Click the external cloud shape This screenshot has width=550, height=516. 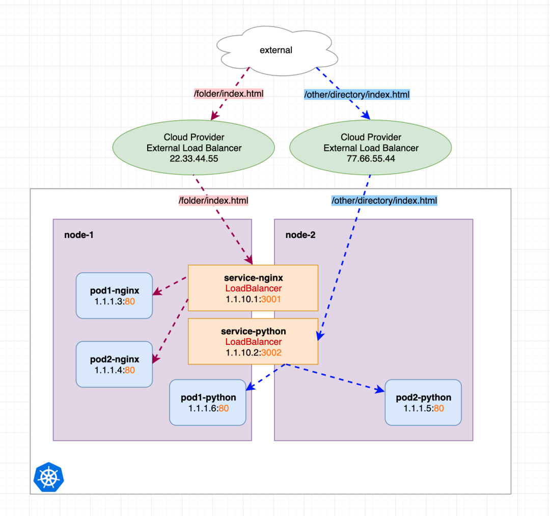[x=276, y=49]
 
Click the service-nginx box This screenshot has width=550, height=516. [x=253, y=288]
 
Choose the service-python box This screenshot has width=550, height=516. [x=253, y=341]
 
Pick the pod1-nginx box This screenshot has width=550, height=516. [x=114, y=295]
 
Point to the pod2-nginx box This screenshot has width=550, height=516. [x=114, y=364]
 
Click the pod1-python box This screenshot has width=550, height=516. [x=208, y=402]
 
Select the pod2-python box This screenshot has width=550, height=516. [x=423, y=402]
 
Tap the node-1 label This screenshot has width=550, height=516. [x=78, y=235]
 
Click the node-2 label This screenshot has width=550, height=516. [x=300, y=235]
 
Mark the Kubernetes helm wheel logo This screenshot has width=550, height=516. [x=49, y=477]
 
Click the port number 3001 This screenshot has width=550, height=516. [x=271, y=299]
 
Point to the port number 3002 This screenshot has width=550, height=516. [x=271, y=352]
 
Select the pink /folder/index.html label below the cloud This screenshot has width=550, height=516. [x=228, y=94]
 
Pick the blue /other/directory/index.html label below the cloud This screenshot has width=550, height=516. [x=356, y=94]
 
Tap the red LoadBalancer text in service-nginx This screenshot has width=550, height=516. [x=253, y=289]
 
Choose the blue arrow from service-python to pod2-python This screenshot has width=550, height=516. [x=336, y=377]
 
